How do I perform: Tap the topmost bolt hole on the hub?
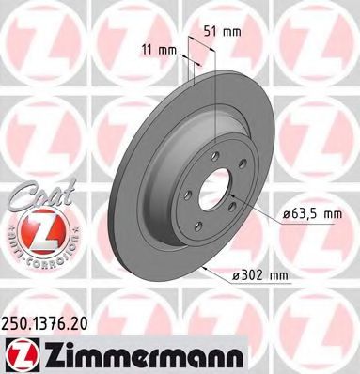click(x=215, y=153)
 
